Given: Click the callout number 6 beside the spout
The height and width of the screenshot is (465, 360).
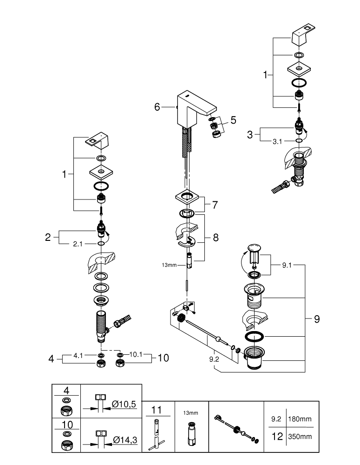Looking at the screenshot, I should [x=157, y=107].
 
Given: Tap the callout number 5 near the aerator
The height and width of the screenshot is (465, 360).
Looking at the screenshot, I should [x=233, y=120].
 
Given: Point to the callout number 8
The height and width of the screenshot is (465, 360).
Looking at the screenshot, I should [x=215, y=237].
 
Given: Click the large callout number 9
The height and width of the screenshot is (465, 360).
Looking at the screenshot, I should [x=316, y=319].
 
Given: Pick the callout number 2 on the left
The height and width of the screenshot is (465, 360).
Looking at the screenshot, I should [x=47, y=237].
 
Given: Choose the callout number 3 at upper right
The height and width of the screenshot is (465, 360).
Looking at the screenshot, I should [x=250, y=134].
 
